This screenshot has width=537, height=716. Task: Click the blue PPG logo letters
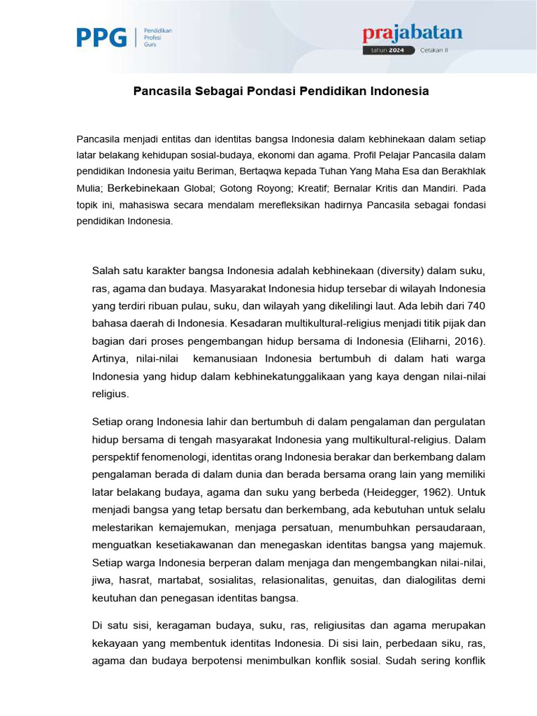tap(101, 37)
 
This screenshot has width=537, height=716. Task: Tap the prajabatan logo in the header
tap(412, 34)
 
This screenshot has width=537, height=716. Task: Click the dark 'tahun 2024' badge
tap(389, 50)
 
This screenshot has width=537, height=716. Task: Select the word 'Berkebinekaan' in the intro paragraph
tap(144, 188)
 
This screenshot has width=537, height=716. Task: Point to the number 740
tap(475, 306)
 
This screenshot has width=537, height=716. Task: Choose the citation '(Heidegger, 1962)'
tap(399, 492)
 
